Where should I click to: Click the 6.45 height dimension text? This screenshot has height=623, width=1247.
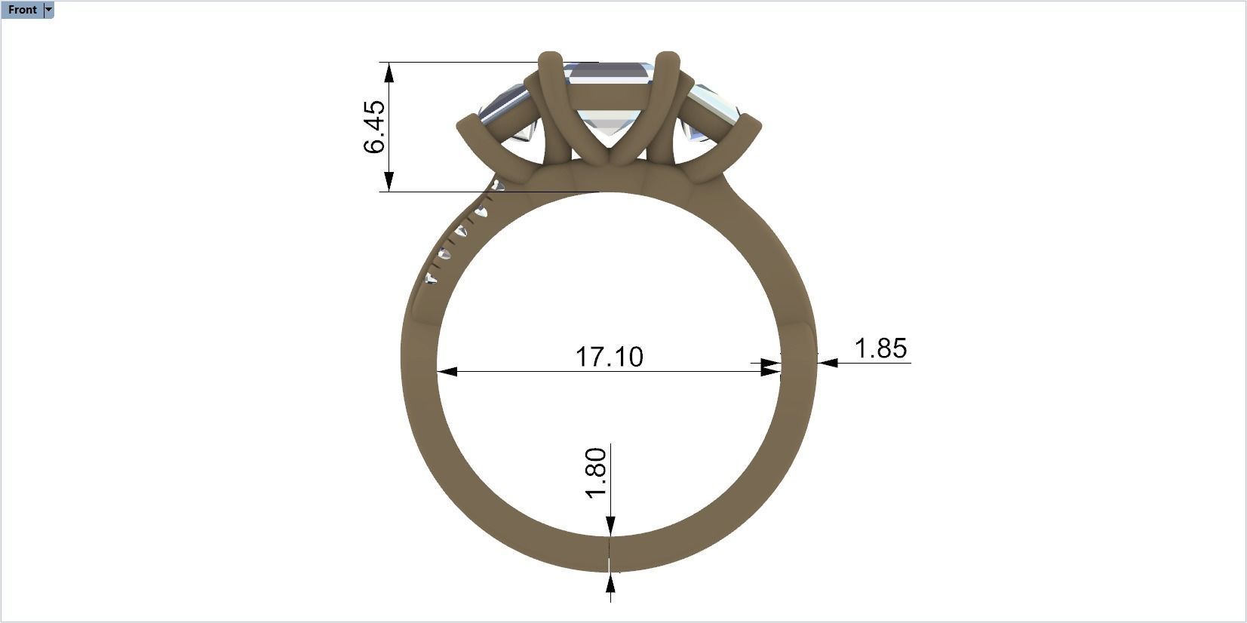click(374, 127)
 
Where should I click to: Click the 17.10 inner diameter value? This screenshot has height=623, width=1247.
click(610, 357)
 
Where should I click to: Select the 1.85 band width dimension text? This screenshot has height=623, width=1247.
click(880, 348)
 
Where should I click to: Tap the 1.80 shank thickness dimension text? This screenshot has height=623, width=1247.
click(596, 473)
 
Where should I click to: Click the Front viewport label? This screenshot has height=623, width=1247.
click(22, 10)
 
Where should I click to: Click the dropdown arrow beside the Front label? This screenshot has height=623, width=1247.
click(49, 10)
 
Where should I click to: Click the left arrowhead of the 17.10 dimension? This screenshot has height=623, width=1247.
click(447, 371)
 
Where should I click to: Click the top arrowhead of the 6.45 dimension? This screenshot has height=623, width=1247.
click(389, 72)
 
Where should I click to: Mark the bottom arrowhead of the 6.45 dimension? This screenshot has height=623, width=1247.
click(389, 182)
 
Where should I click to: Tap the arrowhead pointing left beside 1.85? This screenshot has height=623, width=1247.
click(828, 363)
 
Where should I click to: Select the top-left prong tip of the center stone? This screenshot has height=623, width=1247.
click(551, 59)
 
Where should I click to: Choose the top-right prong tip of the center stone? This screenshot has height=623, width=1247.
click(668, 59)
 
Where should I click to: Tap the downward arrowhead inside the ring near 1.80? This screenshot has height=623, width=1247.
click(610, 526)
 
